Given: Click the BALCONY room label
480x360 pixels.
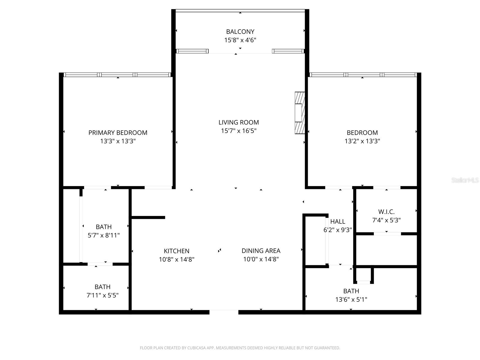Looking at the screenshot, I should (240, 31).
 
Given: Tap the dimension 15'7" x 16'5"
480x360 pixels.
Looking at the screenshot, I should (238, 131).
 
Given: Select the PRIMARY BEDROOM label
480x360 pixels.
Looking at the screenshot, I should (118, 133).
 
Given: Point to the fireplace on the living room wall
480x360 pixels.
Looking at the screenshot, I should (300, 113).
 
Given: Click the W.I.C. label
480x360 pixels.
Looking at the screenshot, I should (386, 212).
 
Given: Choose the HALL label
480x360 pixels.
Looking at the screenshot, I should (337, 221).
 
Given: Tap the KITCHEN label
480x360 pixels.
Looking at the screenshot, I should (176, 251).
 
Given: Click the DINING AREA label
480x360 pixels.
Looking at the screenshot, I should (261, 250).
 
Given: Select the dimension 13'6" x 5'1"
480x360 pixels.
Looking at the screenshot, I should (351, 299).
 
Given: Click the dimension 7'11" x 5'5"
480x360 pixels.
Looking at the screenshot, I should (102, 295).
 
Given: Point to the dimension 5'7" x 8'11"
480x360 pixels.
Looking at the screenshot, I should (103, 235).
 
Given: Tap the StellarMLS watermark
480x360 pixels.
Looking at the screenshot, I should (465, 180).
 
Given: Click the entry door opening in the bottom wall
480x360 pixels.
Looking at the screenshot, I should (224, 312).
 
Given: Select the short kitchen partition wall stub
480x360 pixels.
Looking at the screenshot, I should (148, 217).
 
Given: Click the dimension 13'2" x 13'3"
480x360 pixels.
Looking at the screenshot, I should (362, 141).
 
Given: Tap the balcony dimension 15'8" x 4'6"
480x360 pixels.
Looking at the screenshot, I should (240, 40).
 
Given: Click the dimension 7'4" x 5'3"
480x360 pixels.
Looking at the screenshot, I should (386, 220).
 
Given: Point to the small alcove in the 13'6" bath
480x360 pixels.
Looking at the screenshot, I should (363, 275).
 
